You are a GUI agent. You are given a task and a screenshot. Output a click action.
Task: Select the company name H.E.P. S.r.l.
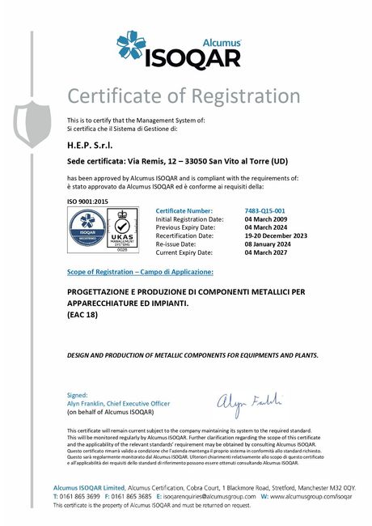pyautogui.click(x=93, y=144)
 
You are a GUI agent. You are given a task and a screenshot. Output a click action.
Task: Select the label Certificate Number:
pyautogui.click(x=184, y=210)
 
